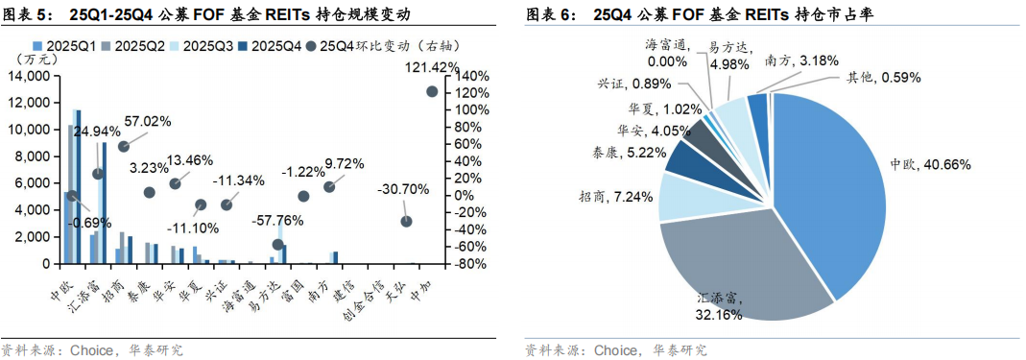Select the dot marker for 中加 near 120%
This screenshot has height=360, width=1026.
432,91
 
